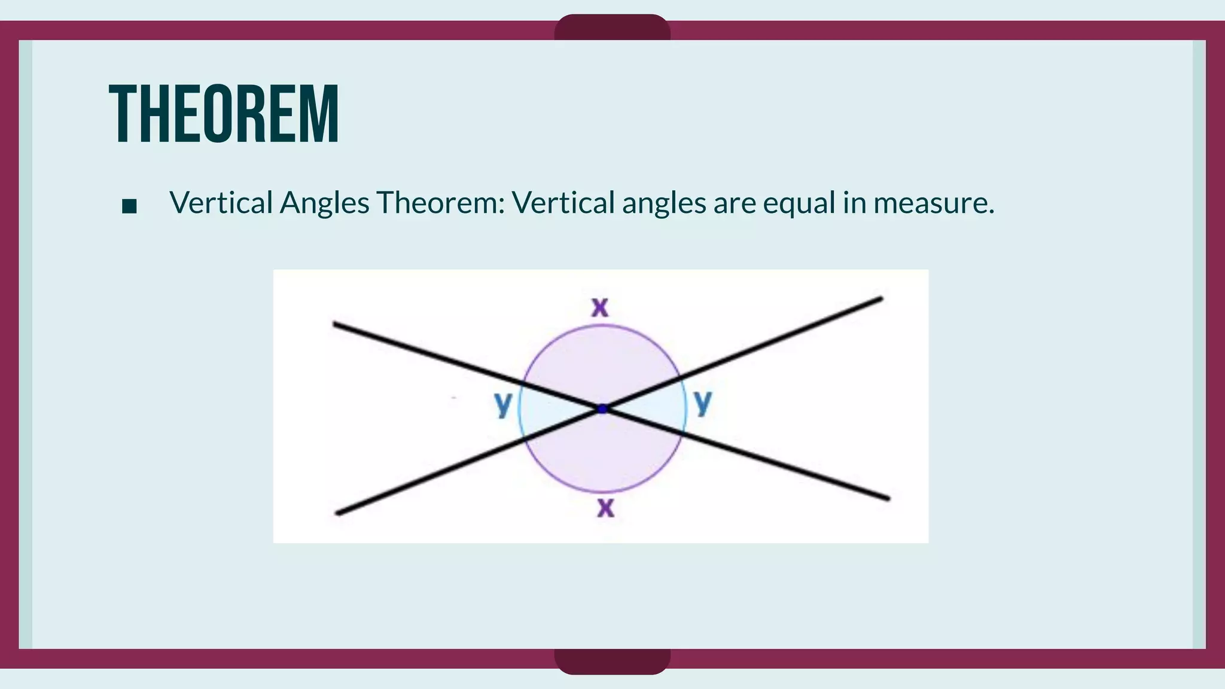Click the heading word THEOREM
(224, 114)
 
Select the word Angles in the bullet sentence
(324, 203)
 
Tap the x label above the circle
(600, 307)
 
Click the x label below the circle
(605, 508)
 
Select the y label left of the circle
(503, 404)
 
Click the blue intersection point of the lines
(602, 409)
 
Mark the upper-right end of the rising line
(880, 298)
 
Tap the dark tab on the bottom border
(612, 661)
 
